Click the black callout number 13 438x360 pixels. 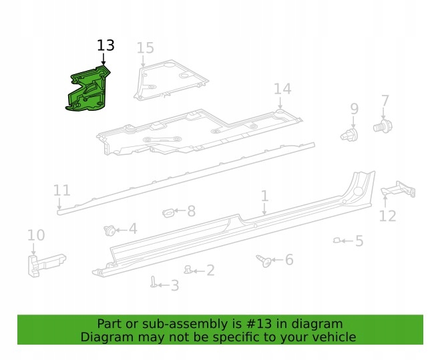click(105, 45)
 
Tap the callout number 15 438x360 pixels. click(145, 47)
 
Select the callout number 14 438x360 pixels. click(282, 89)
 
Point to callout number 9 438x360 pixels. click(354, 108)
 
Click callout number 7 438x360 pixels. click(385, 101)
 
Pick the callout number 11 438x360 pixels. click(61, 191)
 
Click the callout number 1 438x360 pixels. click(264, 196)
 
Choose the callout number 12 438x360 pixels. click(387, 216)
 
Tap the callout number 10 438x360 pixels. click(36, 234)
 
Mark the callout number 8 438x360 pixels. click(191, 212)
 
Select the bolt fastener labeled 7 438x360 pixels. click(383, 126)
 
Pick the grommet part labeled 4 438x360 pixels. click(108, 230)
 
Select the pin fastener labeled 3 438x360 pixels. click(154, 283)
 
